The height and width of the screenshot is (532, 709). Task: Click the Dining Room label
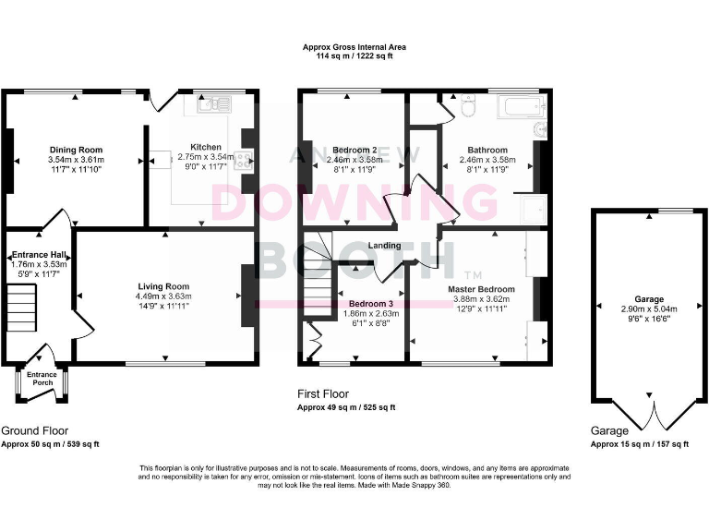[76, 150]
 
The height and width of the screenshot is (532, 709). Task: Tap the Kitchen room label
[206, 147]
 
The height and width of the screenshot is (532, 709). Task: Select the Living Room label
[163, 286]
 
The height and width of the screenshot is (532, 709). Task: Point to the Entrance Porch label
[42, 379]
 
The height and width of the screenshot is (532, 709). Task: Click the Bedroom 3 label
[370, 303]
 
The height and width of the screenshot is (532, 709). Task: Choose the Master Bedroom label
[481, 289]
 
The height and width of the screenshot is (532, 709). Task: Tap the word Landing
[384, 246]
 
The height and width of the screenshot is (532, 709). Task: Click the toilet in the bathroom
[467, 109]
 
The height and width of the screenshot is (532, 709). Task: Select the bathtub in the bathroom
[517, 107]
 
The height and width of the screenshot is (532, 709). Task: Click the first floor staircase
[318, 277]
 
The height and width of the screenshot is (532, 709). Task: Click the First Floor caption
[323, 393]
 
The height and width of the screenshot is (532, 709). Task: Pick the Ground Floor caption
[34, 430]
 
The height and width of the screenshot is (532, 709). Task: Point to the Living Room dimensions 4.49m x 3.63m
[163, 296]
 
